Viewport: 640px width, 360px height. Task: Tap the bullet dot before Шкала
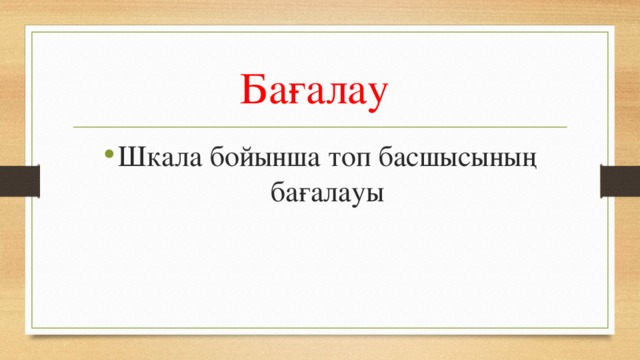click(106, 159)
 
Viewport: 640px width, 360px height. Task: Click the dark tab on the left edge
click(19, 181)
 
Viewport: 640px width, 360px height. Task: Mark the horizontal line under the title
click(320, 128)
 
